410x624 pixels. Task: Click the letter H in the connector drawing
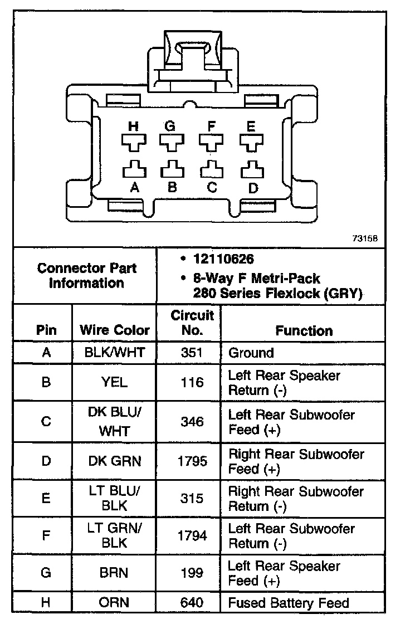pyautogui.click(x=133, y=126)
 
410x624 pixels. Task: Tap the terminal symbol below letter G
pyautogui.click(x=172, y=143)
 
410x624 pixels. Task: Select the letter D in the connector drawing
pyautogui.click(x=253, y=188)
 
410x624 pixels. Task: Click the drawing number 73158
pyautogui.click(x=365, y=237)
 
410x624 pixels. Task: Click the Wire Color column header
pyautogui.click(x=115, y=330)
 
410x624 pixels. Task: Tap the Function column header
pyautogui.click(x=304, y=330)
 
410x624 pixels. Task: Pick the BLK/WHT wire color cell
pyautogui.click(x=115, y=353)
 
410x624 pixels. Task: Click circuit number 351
pyautogui.click(x=192, y=353)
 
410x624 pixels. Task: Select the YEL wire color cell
pyautogui.click(x=115, y=382)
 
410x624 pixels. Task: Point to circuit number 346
pyautogui.click(x=192, y=422)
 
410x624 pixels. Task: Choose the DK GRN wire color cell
pyautogui.click(x=115, y=461)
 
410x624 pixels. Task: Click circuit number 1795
pyautogui.click(x=192, y=461)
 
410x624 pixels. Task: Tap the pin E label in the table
pyautogui.click(x=46, y=498)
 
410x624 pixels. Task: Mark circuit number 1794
pyautogui.click(x=192, y=536)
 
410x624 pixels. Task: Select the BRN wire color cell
pyautogui.click(x=115, y=573)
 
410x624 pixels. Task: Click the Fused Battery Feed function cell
pyautogui.click(x=289, y=603)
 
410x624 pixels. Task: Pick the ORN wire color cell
pyautogui.click(x=115, y=603)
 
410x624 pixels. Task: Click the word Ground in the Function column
pyautogui.click(x=251, y=353)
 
